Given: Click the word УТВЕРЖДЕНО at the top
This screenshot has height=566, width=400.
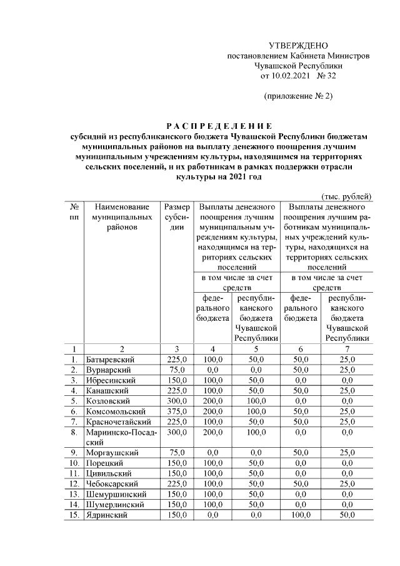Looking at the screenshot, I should click(x=298, y=46).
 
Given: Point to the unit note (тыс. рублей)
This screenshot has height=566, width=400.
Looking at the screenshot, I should click(x=347, y=196).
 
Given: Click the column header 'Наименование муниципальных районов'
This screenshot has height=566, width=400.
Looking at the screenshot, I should click(x=122, y=216).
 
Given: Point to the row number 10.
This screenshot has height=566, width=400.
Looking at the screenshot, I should click(x=74, y=463).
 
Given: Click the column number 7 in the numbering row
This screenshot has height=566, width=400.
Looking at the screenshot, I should click(x=346, y=349).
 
